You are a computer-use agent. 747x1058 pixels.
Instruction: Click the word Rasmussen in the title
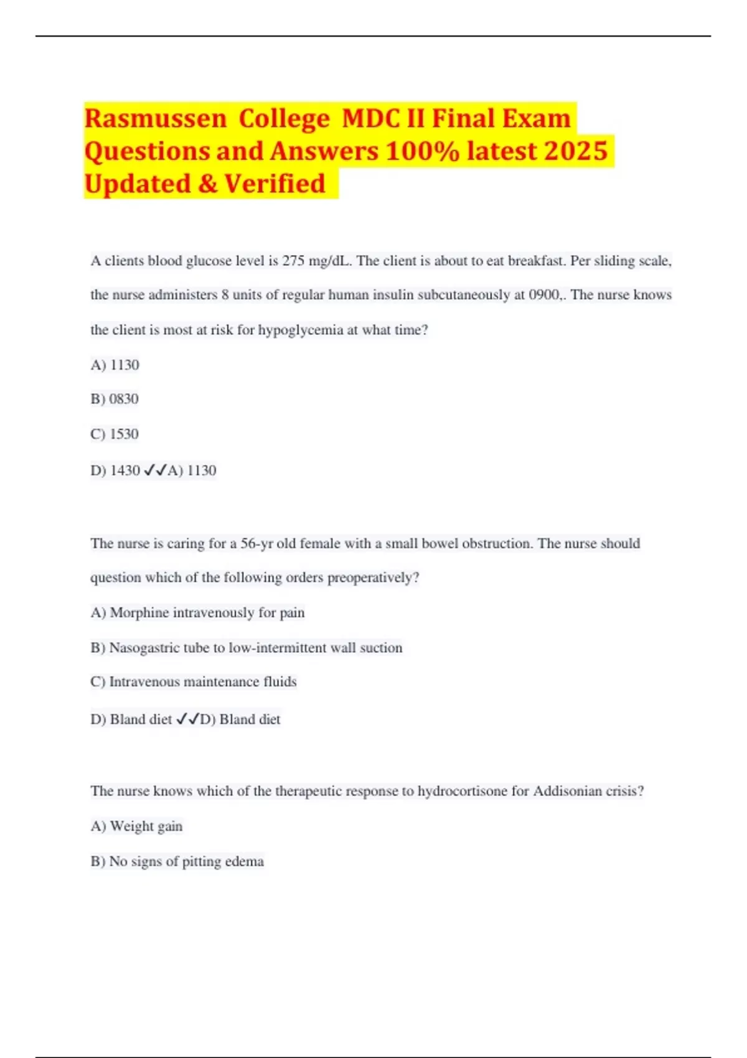(x=156, y=118)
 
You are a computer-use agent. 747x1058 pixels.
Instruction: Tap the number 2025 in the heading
(x=575, y=151)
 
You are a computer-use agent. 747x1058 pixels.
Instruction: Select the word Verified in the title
(x=275, y=184)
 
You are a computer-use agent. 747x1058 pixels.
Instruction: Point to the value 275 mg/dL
(x=316, y=261)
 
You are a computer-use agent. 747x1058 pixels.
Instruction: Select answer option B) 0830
(x=115, y=399)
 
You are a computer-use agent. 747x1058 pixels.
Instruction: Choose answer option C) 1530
(x=115, y=434)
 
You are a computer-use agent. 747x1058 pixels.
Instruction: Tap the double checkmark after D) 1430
(x=155, y=470)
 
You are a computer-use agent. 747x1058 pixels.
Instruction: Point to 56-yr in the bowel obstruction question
(x=257, y=543)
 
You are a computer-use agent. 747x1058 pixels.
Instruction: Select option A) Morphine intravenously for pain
(x=197, y=613)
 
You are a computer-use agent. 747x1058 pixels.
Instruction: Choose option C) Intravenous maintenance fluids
(x=193, y=682)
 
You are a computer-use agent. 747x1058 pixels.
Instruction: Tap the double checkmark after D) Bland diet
(x=187, y=719)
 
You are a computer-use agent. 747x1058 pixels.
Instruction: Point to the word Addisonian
(x=568, y=791)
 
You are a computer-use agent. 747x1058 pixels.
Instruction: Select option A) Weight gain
(x=136, y=826)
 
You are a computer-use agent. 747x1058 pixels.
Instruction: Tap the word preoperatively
(x=373, y=578)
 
